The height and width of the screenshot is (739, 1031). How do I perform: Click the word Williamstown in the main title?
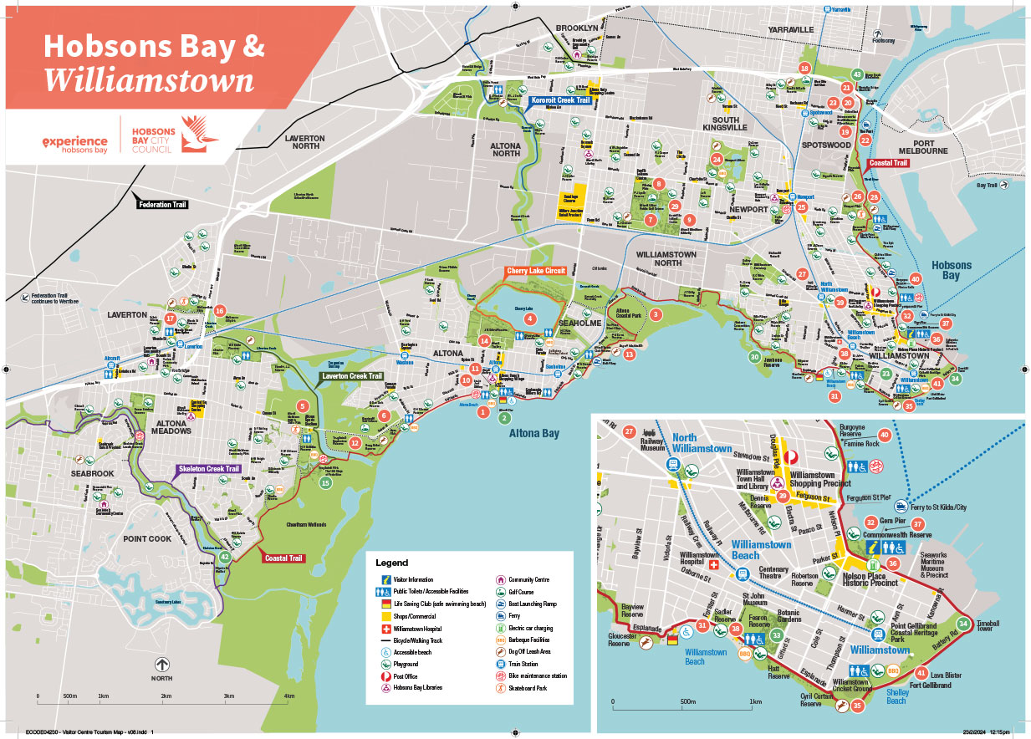point(148,81)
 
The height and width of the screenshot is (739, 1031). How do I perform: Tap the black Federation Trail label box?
point(163,204)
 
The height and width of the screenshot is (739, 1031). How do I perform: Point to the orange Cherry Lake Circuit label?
point(535,271)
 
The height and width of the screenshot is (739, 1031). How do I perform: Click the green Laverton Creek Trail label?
point(352,377)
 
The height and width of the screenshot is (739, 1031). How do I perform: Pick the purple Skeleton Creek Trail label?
point(207,469)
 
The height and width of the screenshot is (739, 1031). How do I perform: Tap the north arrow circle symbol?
point(162,665)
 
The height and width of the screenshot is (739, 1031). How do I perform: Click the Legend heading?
point(392,563)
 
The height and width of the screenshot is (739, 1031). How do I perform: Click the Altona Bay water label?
point(535,433)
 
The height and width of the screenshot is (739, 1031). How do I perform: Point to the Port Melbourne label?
point(922,145)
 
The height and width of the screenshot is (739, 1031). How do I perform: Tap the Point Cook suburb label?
point(147,538)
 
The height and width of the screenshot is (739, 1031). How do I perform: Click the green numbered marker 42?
point(224,557)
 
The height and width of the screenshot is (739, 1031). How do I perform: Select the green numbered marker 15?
point(325,482)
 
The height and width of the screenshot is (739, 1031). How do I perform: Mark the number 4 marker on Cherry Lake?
point(529,319)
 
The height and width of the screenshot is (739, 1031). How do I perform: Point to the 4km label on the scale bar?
point(289,696)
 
